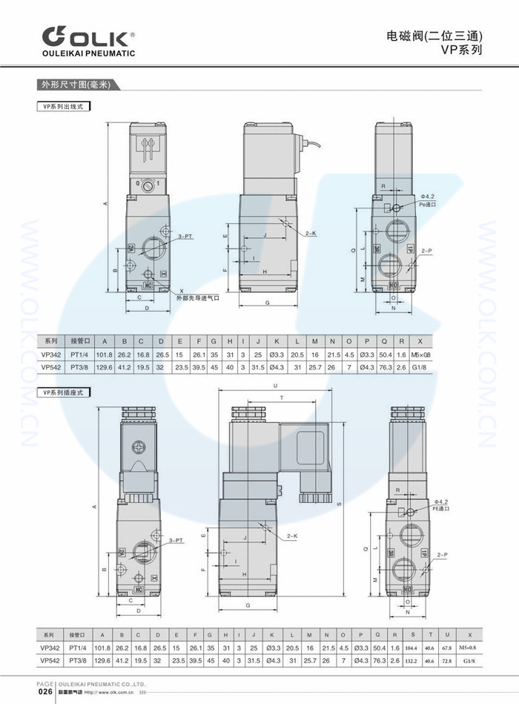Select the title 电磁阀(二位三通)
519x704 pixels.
point(435,36)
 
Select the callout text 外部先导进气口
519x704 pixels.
point(198,297)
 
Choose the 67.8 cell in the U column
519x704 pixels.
point(447,648)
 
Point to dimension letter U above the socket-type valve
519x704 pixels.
point(275,386)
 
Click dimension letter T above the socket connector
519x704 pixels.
point(281,398)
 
